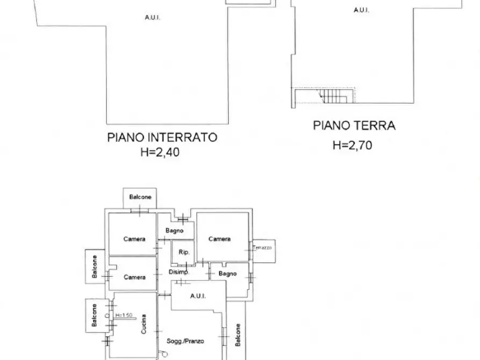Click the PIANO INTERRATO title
click(x=162, y=138)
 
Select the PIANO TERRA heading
click(x=354, y=126)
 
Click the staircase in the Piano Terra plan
click(x=334, y=96)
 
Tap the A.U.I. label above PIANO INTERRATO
click(x=152, y=17)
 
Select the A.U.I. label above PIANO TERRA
click(x=361, y=10)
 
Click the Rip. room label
click(x=177, y=251)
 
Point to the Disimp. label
click(x=179, y=272)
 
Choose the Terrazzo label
click(x=262, y=248)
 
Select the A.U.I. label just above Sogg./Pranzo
click(x=198, y=296)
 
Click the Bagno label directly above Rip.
click(x=175, y=231)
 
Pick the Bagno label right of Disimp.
click(x=227, y=274)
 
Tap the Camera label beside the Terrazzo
click(x=219, y=239)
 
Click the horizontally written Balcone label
click(x=140, y=197)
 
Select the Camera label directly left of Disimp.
click(x=134, y=277)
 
